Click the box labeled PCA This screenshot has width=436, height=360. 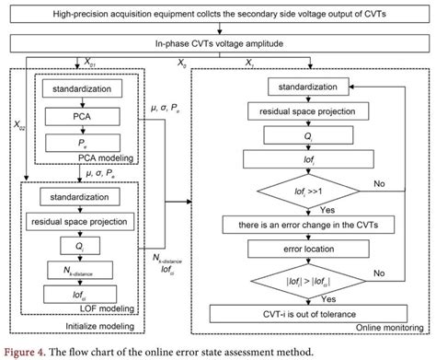(x=84, y=118)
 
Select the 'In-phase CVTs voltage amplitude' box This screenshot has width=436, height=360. (x=217, y=43)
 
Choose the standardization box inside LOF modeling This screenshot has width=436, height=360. (x=84, y=197)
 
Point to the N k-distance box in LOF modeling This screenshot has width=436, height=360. (x=84, y=269)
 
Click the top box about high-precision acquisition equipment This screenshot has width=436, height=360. (x=217, y=15)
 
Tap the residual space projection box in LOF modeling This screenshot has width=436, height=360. (x=84, y=222)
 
